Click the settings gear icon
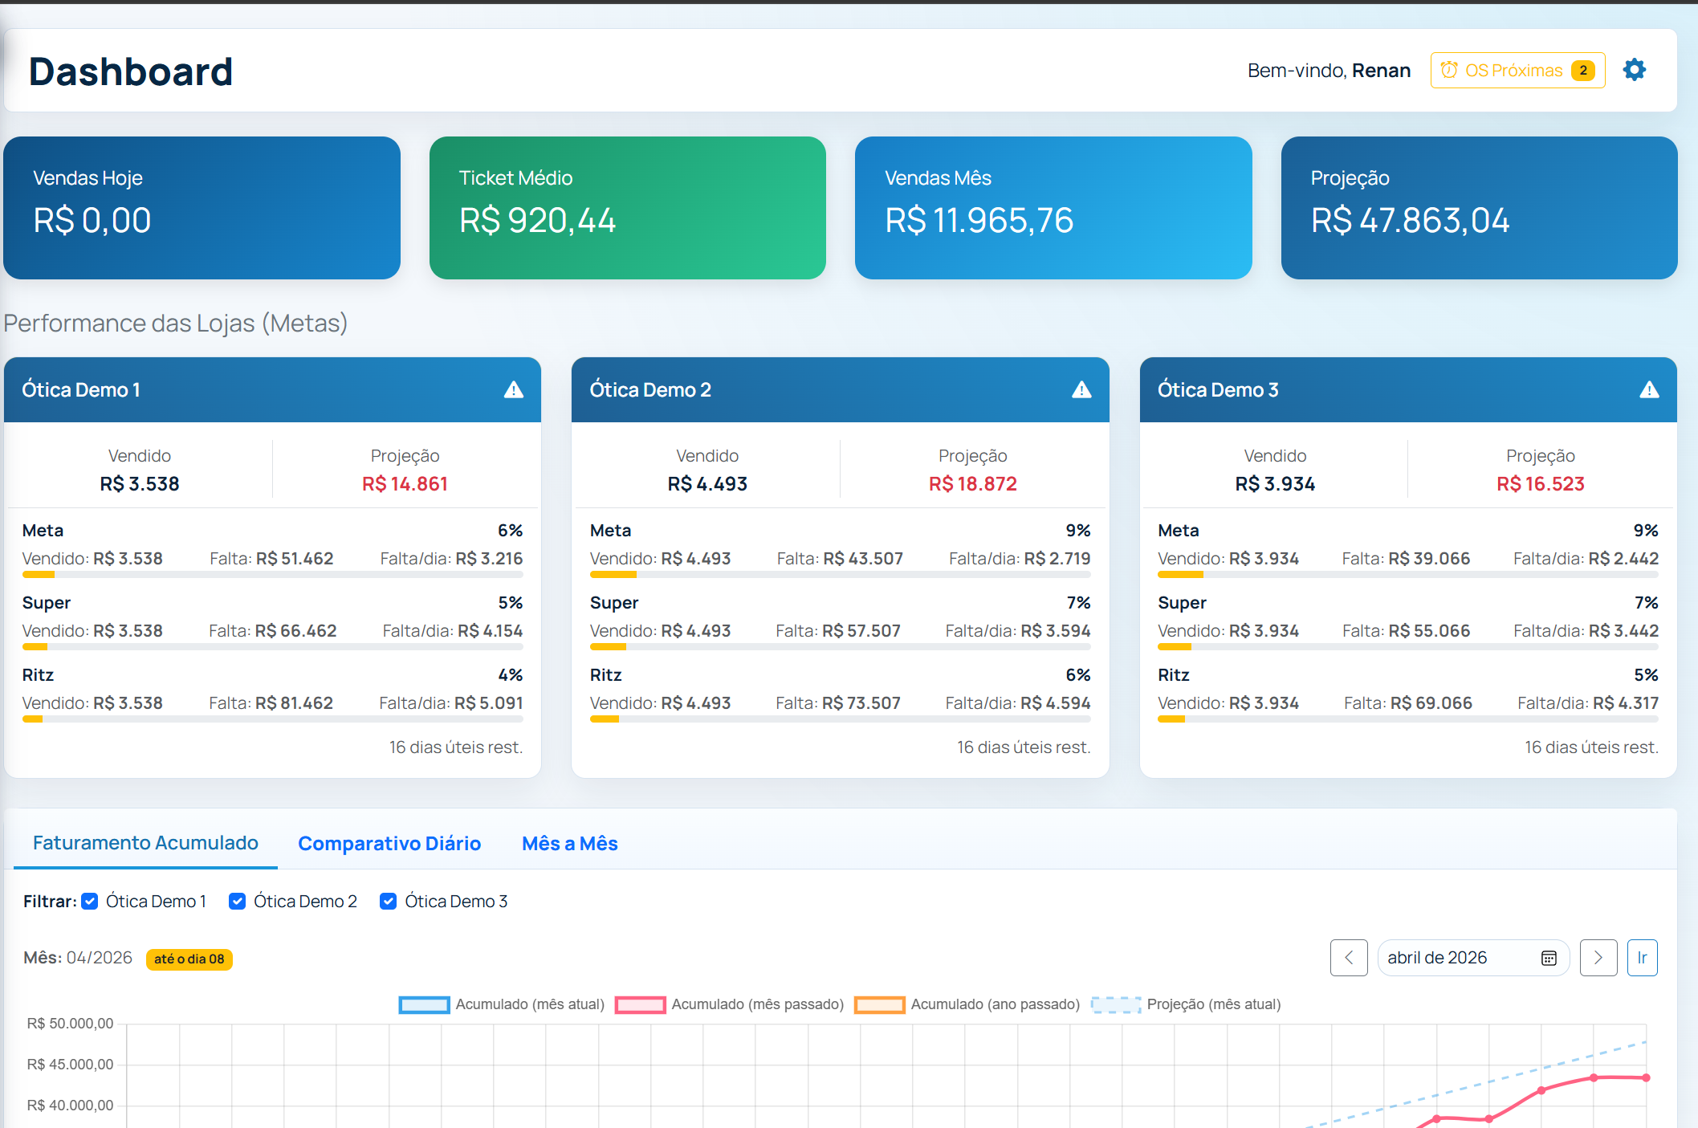click(1634, 70)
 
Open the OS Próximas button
click(1517, 71)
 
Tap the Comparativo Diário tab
click(389, 843)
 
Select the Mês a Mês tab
click(569, 843)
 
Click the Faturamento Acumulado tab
click(145, 842)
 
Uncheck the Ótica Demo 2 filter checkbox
click(238, 901)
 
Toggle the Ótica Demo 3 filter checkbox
click(389, 901)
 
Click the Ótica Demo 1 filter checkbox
click(91, 901)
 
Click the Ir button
click(1642, 957)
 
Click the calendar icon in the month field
click(1549, 958)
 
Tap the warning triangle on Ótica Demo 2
click(1081, 389)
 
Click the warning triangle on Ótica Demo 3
click(1649, 389)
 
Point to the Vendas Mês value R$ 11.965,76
click(979, 221)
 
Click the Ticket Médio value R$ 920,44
click(537, 221)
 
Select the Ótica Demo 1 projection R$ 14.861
click(405, 483)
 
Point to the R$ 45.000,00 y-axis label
click(70, 1064)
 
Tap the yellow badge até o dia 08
click(189, 959)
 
